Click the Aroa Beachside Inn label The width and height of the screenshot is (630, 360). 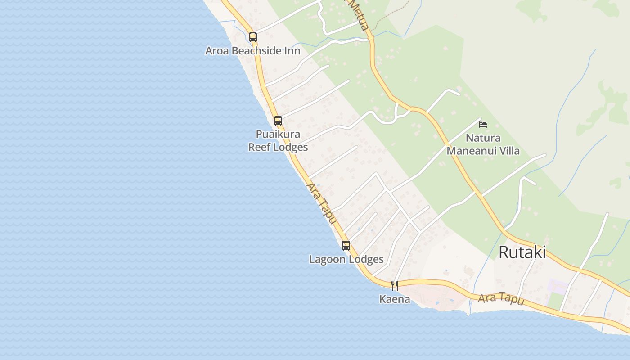252,50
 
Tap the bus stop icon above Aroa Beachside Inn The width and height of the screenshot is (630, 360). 253,37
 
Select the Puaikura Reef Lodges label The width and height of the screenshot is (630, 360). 278,140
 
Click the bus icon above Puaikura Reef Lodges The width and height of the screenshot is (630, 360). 278,121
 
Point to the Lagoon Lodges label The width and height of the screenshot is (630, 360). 346,259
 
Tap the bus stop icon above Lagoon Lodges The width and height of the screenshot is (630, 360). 346,246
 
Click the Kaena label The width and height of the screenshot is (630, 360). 395,299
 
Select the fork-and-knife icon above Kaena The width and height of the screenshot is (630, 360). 394,286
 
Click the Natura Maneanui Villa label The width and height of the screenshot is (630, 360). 483,144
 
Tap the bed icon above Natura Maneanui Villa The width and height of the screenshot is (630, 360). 483,125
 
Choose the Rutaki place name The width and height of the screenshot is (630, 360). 522,252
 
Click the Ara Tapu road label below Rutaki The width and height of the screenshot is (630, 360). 500,299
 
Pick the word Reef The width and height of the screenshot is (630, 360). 258,147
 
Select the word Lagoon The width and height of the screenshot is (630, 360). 327,259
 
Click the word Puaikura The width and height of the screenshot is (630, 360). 278,134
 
